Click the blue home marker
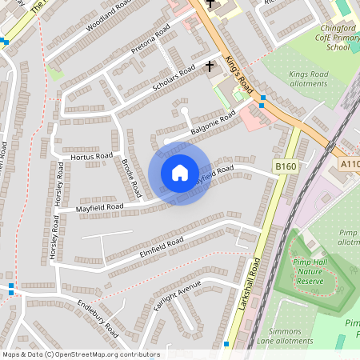(180, 173)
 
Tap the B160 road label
(285, 166)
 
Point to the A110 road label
(350, 164)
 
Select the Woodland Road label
(109, 15)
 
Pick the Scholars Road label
(174, 80)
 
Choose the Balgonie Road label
(212, 123)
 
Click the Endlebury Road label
(99, 318)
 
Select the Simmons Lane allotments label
(297, 335)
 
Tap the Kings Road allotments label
(308, 78)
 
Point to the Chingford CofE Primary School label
(327, 36)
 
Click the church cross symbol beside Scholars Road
(210, 66)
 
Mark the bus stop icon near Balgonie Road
(263, 99)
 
